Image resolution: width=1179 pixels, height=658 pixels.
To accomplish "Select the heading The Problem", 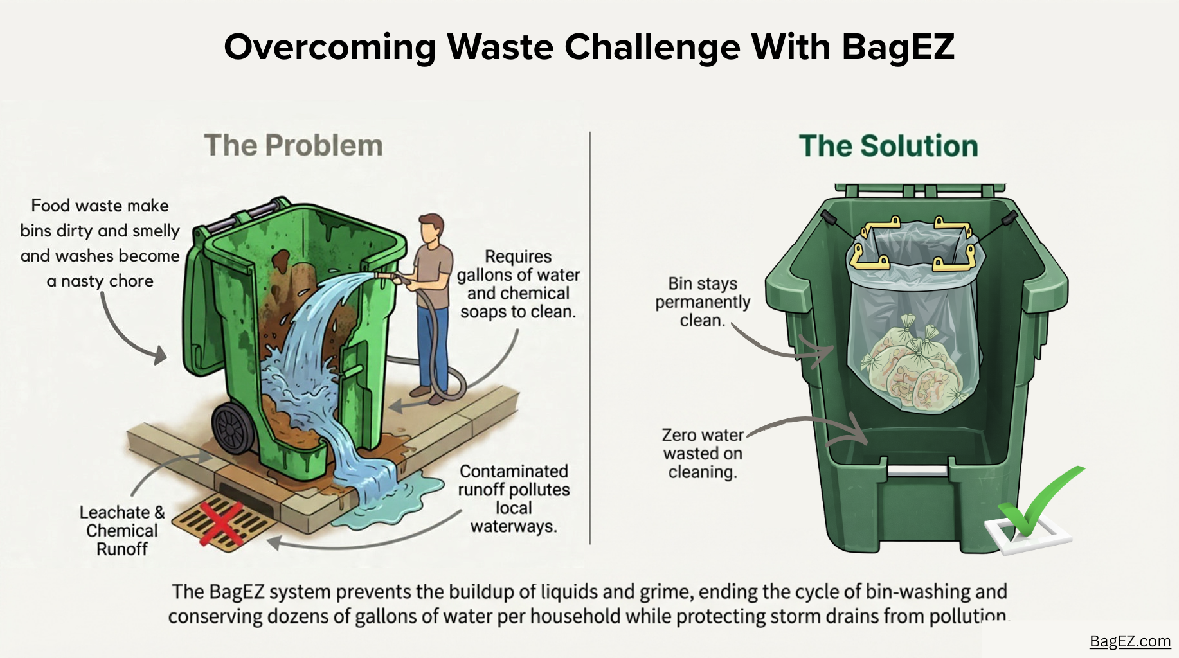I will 293,145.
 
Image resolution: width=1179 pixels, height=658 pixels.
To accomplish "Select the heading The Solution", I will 888,146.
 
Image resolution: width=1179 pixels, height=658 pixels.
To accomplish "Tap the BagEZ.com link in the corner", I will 1129,641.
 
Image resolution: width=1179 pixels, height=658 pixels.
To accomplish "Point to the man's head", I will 431,229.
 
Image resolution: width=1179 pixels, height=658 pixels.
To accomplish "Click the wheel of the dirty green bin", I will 234,429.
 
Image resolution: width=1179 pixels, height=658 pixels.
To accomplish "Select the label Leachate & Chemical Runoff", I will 122,530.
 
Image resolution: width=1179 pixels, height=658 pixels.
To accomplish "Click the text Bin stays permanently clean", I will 703,302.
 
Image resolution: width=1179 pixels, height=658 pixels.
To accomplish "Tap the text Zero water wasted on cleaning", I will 703,454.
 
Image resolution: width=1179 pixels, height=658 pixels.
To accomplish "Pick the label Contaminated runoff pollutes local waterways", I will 513,499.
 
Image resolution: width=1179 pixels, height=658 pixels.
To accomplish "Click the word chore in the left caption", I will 131,281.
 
